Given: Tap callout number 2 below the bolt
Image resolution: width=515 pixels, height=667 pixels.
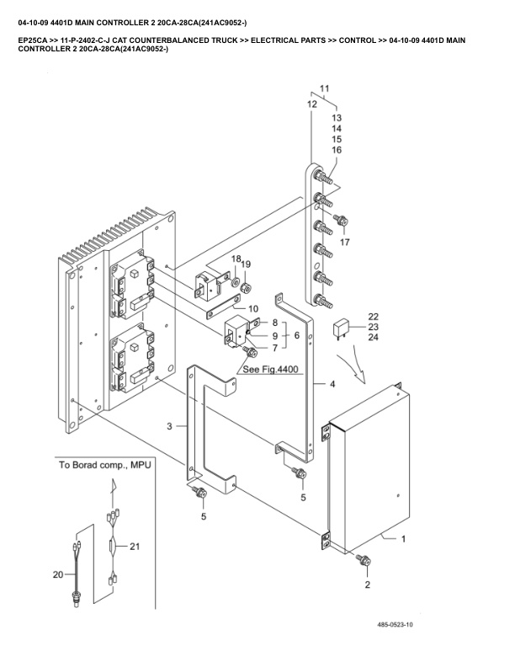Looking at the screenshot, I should [366, 583].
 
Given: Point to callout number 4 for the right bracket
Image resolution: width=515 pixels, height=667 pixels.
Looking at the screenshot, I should [332, 384].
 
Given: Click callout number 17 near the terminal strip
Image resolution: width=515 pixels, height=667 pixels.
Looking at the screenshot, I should [344, 242].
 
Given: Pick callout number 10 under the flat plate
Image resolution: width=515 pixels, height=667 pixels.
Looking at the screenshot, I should [252, 309].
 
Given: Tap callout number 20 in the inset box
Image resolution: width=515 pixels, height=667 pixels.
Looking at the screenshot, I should [58, 574].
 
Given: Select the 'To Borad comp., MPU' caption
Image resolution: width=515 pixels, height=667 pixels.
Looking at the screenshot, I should [104, 465].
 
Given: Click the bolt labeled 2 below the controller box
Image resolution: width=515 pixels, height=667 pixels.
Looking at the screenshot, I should [364, 559].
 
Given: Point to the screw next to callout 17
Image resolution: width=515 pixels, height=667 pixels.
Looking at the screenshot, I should [342, 221].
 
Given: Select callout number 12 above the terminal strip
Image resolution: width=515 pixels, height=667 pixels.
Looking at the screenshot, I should [312, 104].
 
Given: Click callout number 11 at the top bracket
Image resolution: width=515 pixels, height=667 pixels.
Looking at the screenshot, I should [325, 88].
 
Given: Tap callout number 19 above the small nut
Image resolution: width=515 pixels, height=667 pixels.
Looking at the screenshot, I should [246, 264].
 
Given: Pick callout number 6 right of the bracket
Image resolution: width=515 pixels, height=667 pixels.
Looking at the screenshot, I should [296, 334].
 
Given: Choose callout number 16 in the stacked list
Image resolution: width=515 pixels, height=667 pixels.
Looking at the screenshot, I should [337, 150].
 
